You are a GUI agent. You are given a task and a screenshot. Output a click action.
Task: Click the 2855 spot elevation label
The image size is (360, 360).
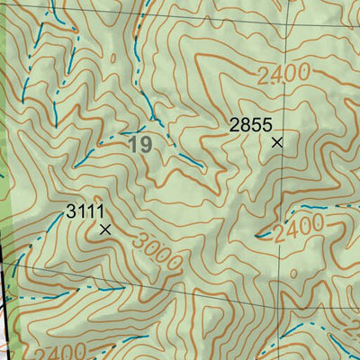[x=249, y=125]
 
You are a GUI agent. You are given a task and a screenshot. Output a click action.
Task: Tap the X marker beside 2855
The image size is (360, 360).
[x=277, y=141]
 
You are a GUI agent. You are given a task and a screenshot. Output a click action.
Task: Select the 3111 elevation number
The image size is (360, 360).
[x=83, y=211]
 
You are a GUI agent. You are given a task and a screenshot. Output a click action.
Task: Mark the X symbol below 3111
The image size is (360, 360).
[x=105, y=229]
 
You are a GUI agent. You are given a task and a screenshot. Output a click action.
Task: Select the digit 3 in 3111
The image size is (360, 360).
[x=71, y=211]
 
